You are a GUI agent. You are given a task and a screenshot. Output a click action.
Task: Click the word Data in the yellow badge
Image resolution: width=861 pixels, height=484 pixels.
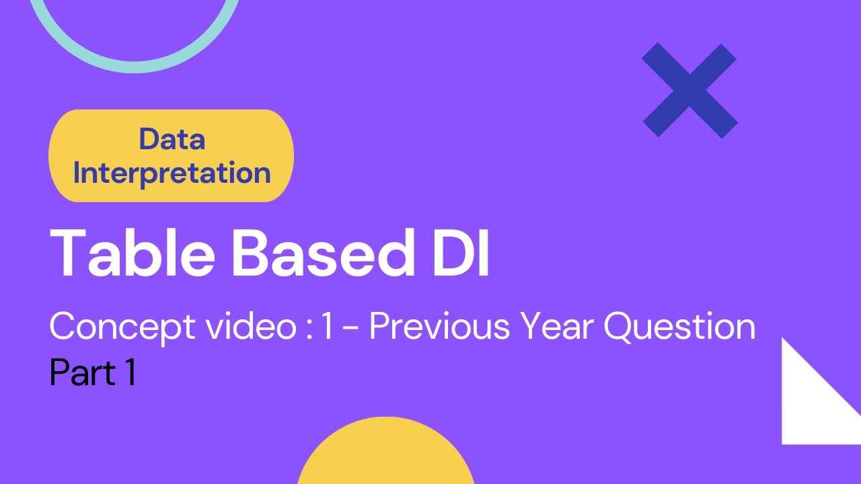point(172,140)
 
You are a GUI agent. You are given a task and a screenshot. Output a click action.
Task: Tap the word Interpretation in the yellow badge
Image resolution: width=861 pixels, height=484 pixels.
point(172,173)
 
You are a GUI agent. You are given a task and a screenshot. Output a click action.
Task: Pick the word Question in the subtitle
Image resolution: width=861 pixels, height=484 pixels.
point(679,327)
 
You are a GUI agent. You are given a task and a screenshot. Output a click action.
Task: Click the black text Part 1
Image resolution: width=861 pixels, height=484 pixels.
point(93,372)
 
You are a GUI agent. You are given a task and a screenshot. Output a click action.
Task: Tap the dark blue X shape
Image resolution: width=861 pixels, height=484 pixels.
point(689,90)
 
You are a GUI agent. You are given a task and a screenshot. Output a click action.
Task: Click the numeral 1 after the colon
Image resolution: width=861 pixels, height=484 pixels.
point(328,327)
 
